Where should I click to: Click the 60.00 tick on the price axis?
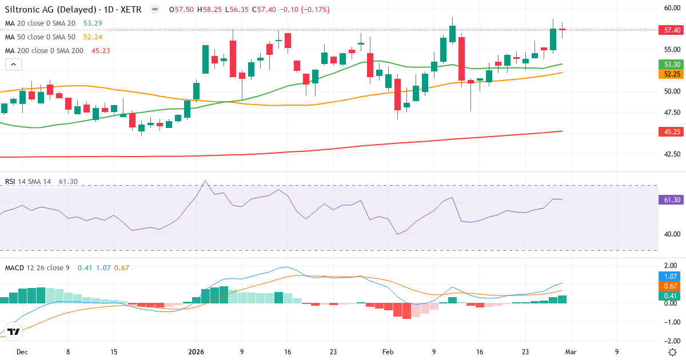pos(671,7)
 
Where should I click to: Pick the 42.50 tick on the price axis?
pos(671,154)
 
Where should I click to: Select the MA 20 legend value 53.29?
pos(93,23)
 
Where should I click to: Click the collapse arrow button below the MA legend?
pos(13,64)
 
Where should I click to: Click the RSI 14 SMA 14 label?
pos(28,182)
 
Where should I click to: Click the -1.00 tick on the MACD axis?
pos(671,322)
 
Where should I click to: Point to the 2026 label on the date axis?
pos(196,352)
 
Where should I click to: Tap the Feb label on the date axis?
pos(388,352)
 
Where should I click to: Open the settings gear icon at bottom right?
pos(673,352)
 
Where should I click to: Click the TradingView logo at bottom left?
pos(14,331)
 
